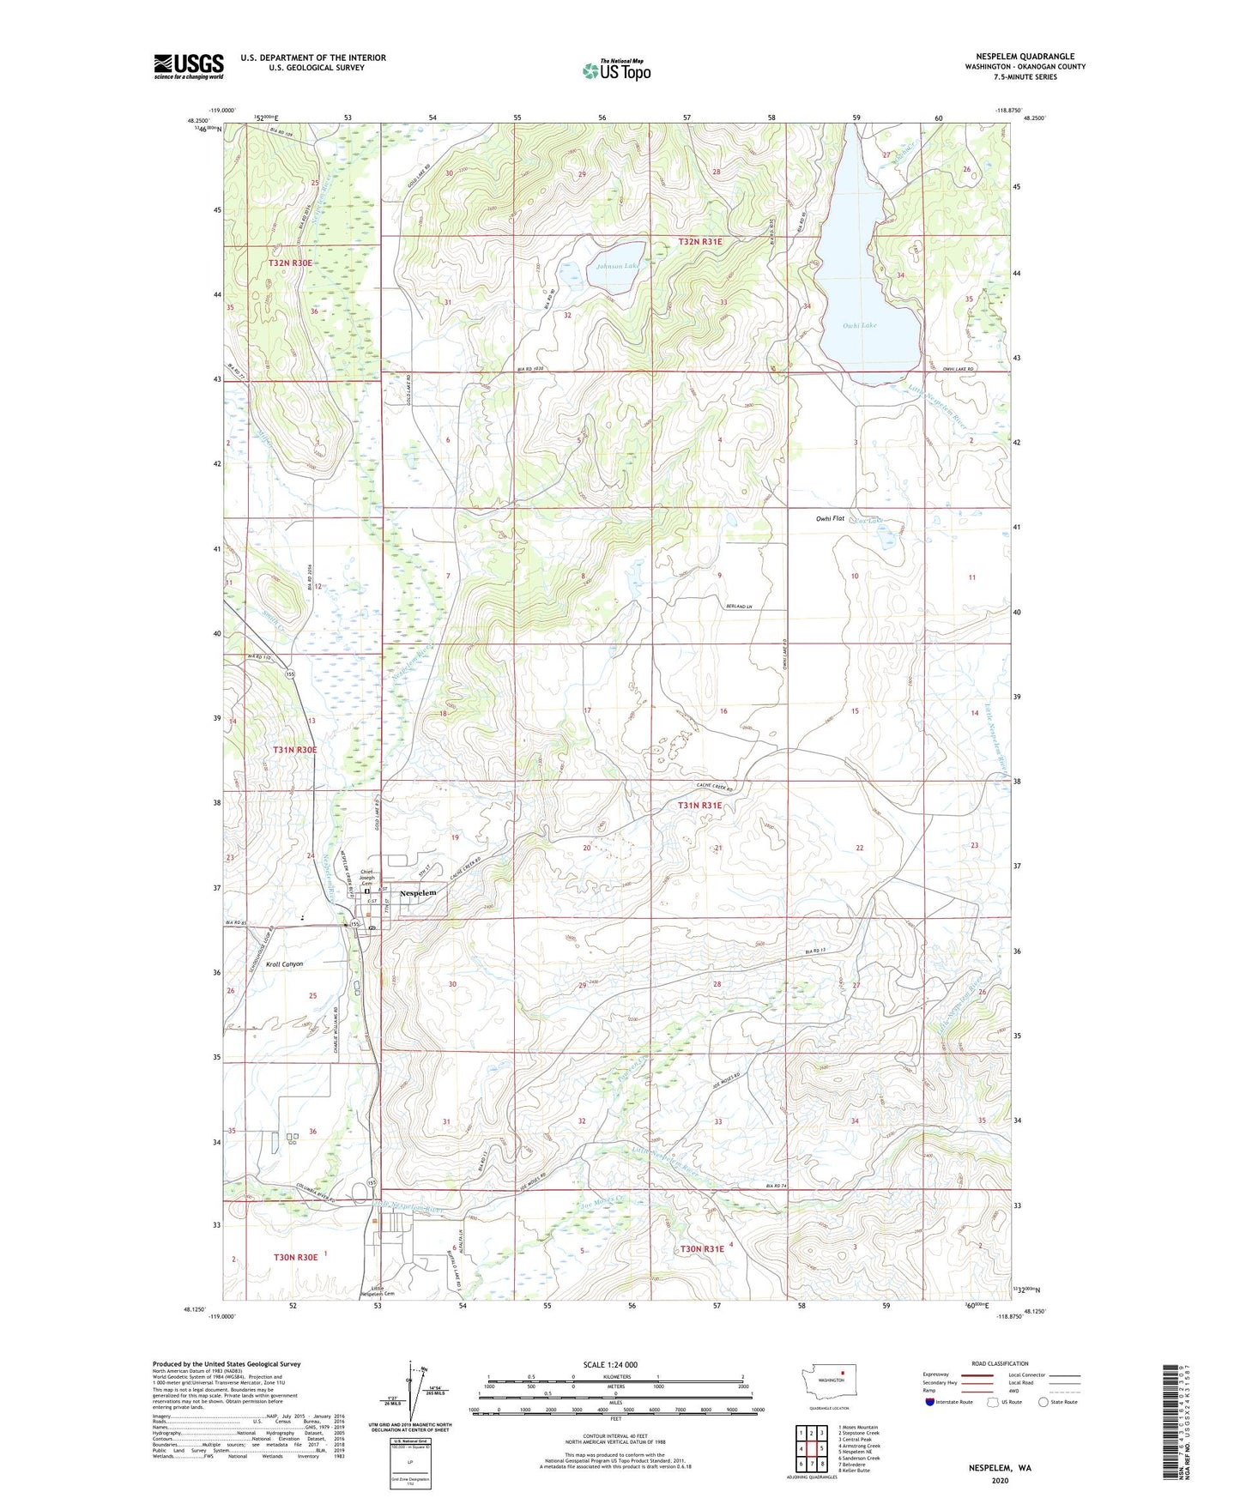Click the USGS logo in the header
point(188,66)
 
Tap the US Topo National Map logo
point(616,69)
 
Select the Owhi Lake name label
point(859,326)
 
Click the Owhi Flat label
point(831,519)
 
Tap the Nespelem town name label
point(418,893)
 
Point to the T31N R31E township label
point(700,806)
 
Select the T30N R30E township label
point(295,1257)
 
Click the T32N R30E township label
point(290,263)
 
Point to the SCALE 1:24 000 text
point(610,1364)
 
